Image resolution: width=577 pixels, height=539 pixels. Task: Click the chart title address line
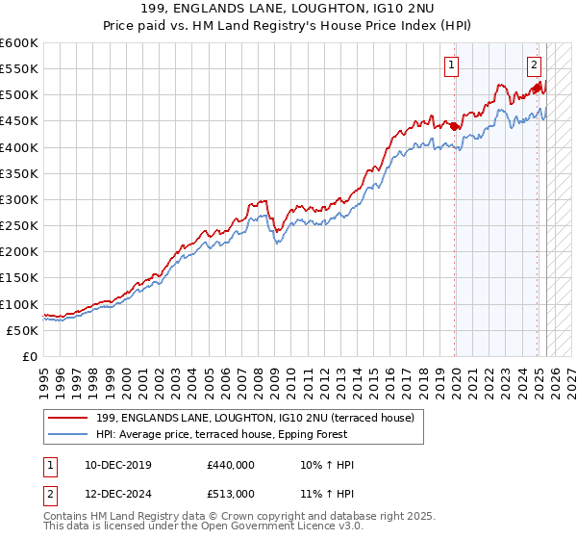(288, 9)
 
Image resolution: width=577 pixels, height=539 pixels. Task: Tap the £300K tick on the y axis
(19, 199)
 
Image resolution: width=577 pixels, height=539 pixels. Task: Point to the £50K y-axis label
(23, 330)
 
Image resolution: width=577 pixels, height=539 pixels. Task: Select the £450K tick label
(19, 121)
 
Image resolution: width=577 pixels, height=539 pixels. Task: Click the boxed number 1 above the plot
(451, 65)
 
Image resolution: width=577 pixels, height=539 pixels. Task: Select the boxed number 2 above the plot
(534, 65)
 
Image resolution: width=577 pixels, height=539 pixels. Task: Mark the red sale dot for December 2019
(454, 126)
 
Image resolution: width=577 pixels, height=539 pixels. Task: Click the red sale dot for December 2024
(537, 89)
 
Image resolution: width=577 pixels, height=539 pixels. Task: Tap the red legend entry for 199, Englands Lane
(255, 418)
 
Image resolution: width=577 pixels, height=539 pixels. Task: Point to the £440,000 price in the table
(231, 465)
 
